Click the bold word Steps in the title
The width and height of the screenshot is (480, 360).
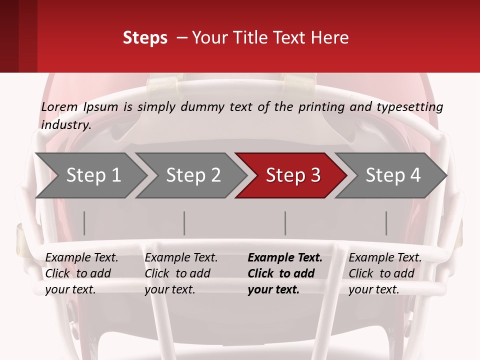click(145, 38)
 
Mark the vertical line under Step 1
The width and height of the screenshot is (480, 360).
click(84, 223)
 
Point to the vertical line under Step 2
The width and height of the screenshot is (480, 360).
click(184, 223)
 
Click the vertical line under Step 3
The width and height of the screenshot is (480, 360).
click(285, 223)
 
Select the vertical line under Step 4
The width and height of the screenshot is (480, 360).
click(386, 223)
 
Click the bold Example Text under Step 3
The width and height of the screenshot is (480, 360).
click(285, 258)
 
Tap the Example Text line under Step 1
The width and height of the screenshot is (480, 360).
click(81, 258)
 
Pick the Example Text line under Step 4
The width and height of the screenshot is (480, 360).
click(385, 258)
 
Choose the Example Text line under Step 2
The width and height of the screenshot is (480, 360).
click(181, 258)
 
